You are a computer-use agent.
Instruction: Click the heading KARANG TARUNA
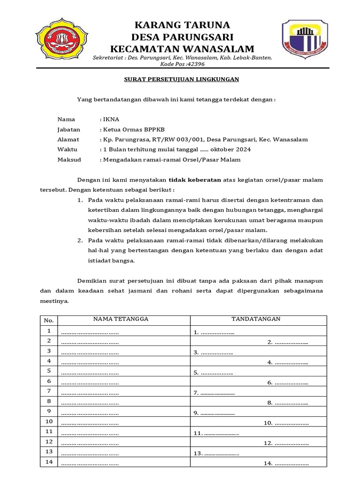pyautogui.click(x=182, y=25)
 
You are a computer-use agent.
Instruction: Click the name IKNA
pyautogui.click(x=108, y=120)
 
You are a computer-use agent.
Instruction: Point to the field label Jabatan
pyautogui.click(x=68, y=129)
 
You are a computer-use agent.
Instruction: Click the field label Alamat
pyautogui.click(x=68, y=139)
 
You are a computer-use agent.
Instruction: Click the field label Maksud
pyautogui.click(x=69, y=159)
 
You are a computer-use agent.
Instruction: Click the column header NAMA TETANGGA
pyautogui.click(x=120, y=319)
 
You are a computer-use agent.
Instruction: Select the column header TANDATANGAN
pyautogui.click(x=256, y=319)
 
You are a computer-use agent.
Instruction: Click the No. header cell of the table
pyautogui.click(x=49, y=321)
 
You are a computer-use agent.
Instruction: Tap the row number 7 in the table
pyautogui.click(x=49, y=391)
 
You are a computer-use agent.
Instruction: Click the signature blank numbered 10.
pyautogui.click(x=285, y=423)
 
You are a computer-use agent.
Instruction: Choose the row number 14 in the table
pyautogui.click(x=49, y=462)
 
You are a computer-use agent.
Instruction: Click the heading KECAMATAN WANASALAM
pyautogui.click(x=182, y=49)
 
